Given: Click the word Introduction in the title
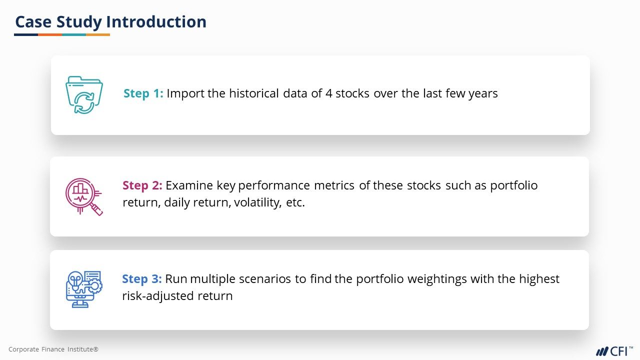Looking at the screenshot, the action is (156, 21).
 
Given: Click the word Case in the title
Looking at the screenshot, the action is (33, 21).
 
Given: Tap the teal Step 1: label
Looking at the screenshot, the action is (143, 93).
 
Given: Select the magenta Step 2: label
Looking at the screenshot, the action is (142, 185).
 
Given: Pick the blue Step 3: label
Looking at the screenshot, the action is (141, 279).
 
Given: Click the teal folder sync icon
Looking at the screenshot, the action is (84, 95).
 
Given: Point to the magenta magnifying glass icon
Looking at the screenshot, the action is (83, 196).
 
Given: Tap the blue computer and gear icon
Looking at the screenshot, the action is (84, 289).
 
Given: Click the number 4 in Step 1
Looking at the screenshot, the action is (328, 93).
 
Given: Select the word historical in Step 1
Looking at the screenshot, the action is (253, 93).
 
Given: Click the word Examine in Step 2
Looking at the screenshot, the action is (189, 185).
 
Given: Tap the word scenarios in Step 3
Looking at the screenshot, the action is (265, 279).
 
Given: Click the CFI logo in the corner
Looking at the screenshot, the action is (614, 351).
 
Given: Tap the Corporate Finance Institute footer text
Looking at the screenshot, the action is (53, 349).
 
